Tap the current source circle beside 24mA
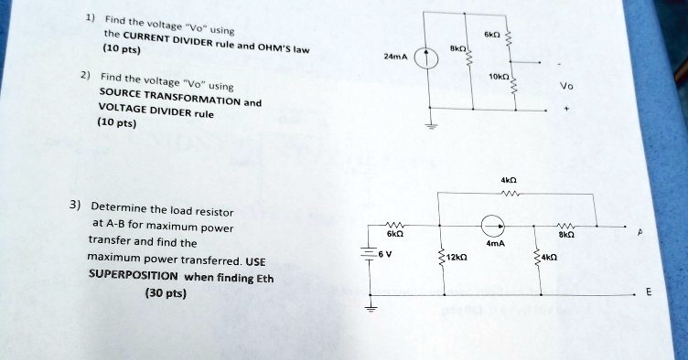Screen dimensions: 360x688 [x=425, y=60]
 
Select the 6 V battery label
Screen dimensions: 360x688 [x=385, y=255]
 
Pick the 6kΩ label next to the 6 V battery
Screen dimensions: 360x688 [x=392, y=235]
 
